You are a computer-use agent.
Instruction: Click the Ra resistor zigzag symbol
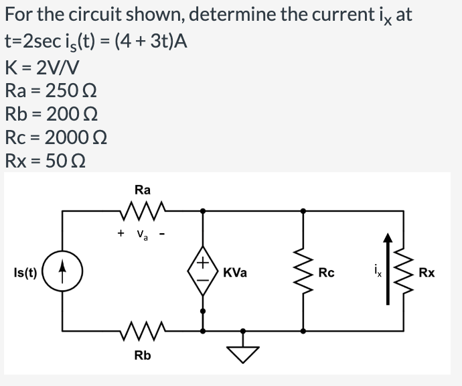142,212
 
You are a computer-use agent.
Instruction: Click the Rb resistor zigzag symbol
142,330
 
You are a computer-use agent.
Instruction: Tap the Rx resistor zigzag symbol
404,271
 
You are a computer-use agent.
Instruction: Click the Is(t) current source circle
63,273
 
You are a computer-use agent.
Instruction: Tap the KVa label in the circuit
236,273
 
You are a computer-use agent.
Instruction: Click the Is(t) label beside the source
25,273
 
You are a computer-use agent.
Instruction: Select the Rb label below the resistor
142,355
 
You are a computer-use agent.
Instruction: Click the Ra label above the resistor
142,190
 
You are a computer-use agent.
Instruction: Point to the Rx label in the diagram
427,273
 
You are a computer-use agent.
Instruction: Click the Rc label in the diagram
327,273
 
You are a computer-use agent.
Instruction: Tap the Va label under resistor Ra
143,235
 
